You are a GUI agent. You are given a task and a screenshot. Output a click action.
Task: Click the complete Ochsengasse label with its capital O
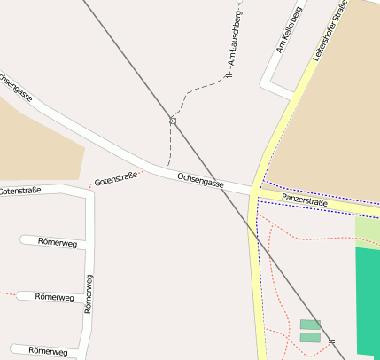coord(201,180)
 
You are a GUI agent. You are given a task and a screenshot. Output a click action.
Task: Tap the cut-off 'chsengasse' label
coord(16,89)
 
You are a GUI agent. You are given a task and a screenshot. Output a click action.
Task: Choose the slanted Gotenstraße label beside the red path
coord(116,180)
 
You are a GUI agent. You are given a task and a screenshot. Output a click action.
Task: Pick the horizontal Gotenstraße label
coord(19,192)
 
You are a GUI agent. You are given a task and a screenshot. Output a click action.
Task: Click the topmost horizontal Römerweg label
coord(58,242)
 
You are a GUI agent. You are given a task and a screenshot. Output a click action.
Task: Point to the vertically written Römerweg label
coord(88,295)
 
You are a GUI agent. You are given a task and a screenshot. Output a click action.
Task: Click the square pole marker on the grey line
coord(174,121)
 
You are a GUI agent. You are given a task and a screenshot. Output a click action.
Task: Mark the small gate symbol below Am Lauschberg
coord(228,76)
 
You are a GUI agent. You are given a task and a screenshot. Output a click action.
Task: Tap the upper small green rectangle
coord(310,325)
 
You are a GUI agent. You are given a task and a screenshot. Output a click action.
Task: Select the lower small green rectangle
coord(310,337)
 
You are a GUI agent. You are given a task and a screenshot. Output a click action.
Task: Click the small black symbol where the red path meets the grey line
coord(331,340)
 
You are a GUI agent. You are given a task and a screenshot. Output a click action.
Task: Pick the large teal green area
coord(368,301)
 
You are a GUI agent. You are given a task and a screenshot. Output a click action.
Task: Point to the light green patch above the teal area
coord(368,231)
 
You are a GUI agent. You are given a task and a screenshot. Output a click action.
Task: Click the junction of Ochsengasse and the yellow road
coord(255,191)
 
